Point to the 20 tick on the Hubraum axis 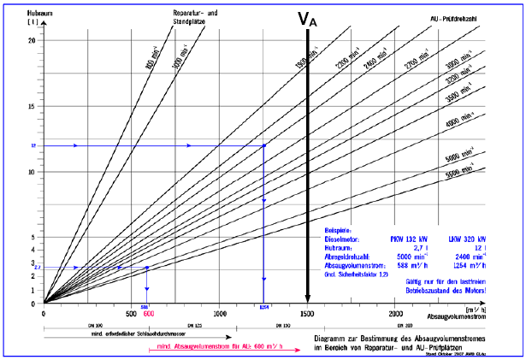32,41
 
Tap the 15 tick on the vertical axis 32,107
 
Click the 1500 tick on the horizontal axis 306,314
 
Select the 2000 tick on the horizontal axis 394,314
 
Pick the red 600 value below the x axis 149,313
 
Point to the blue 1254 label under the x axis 265,307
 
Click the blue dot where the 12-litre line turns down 263,146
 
